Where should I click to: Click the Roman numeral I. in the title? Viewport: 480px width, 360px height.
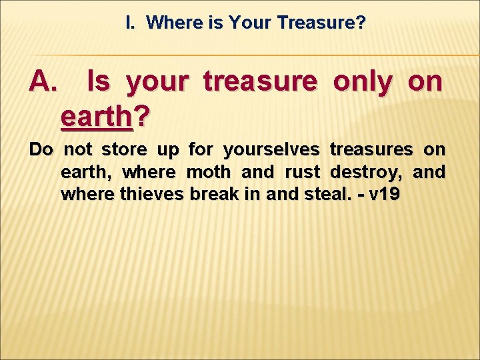point(130,23)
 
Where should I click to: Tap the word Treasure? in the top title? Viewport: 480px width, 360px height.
point(321,23)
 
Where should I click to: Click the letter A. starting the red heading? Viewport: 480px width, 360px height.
point(45,82)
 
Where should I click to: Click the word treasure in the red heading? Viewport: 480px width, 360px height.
point(261,82)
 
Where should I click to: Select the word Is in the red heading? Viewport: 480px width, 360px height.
point(98,82)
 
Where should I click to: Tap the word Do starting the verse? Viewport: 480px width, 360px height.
point(41,149)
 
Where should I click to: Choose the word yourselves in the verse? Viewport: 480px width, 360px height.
point(271,149)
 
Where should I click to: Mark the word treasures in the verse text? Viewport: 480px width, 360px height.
point(370,149)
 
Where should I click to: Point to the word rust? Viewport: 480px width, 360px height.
point(303,172)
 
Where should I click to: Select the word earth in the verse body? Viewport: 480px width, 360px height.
point(85,173)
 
